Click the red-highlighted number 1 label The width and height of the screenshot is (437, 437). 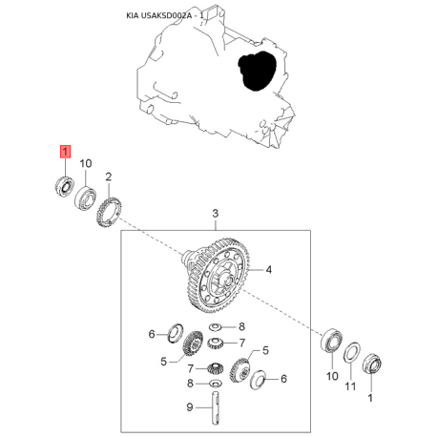click(65, 152)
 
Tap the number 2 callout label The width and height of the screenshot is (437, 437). click(109, 177)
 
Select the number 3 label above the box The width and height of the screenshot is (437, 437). click(216, 214)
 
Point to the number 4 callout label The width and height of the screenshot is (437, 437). click(269, 270)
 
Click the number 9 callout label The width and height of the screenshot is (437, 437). click(190, 407)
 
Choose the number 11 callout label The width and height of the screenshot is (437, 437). click(350, 386)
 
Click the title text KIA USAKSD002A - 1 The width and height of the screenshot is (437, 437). click(165, 15)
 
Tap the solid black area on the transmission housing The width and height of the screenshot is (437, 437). click(257, 71)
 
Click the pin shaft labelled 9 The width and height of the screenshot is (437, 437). click(216, 408)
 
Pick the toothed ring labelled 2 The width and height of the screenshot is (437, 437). click(109, 212)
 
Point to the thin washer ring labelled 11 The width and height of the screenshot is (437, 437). click(352, 354)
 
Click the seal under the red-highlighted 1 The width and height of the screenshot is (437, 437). click(64, 187)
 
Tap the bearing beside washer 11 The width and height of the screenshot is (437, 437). click(332, 342)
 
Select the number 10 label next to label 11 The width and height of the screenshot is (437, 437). click(332, 376)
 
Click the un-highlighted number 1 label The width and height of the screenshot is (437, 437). click(370, 398)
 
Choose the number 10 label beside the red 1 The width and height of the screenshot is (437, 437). click(86, 163)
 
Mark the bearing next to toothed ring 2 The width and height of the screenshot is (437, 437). click(86, 198)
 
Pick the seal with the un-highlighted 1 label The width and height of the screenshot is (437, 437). click(372, 363)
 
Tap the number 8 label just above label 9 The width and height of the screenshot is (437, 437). click(190, 384)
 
